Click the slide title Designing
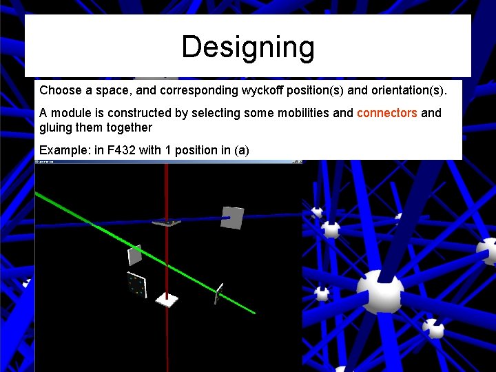coord(248,48)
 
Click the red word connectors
coord(386,113)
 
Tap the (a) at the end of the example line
coord(241,149)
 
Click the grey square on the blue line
coord(232,218)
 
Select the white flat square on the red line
coord(167,299)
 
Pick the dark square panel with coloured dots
coord(136,285)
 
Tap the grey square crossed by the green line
coord(135,255)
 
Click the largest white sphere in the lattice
coord(380,291)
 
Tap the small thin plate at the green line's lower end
coord(218,292)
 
